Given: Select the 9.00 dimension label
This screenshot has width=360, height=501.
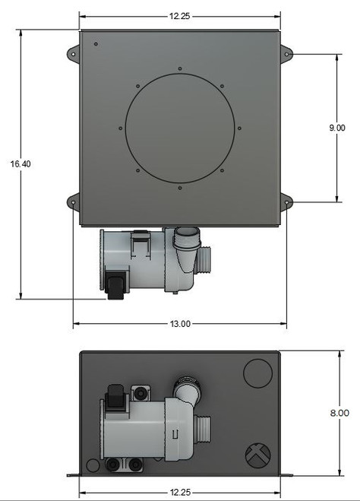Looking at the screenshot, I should [x=337, y=128].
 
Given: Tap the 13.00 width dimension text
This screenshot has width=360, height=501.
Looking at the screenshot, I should [x=180, y=324].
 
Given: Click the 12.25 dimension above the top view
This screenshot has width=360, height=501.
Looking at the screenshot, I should [x=180, y=16].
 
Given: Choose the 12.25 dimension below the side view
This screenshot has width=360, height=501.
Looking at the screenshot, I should [x=180, y=491].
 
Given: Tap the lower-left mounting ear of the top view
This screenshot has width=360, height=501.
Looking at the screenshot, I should [x=73, y=201].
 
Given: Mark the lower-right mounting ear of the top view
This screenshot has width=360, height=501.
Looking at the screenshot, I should [x=286, y=201].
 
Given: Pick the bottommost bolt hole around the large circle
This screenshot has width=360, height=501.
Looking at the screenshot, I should [x=179, y=187].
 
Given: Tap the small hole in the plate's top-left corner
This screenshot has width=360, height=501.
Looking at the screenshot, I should [x=96, y=44].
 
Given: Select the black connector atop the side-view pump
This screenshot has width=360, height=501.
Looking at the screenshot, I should [x=115, y=398].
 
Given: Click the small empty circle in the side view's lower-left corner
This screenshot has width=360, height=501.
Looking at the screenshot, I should [x=93, y=464].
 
